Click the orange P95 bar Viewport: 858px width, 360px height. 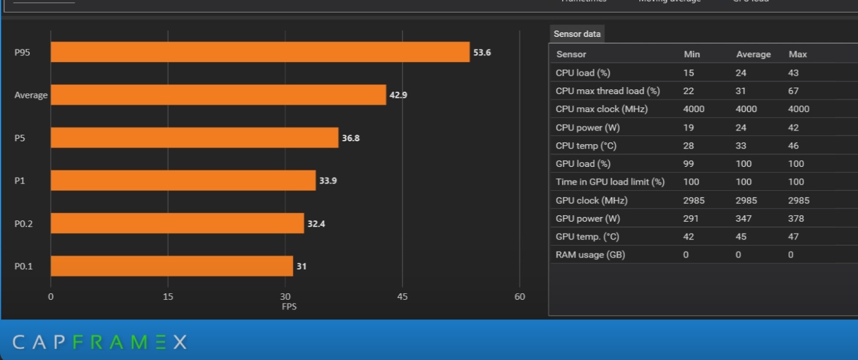tap(260, 52)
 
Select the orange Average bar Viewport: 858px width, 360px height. tap(218, 95)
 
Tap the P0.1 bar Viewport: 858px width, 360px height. tap(172, 266)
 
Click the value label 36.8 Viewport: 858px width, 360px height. tap(350, 138)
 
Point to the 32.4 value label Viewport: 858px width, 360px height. tap(316, 224)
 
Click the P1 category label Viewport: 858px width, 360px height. tap(20, 181)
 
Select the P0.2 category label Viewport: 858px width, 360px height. tap(23, 224)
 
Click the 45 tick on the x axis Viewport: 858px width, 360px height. tap(402, 296)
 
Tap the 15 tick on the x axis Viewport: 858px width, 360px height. tap(168, 296)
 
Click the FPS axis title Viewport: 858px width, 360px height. tap(289, 306)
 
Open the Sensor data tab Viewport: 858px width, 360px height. tap(577, 34)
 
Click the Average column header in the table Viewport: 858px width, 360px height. tap(753, 54)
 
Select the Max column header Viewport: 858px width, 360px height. tap(797, 54)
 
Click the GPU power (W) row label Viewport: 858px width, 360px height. tap(587, 218)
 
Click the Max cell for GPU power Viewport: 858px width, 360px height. tap(795, 218)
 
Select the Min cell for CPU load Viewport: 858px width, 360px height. tap(689, 73)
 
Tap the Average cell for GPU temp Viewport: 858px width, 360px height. tap(741, 237)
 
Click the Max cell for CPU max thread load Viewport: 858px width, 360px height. tap(793, 91)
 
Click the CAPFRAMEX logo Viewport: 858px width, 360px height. tap(100, 342)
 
